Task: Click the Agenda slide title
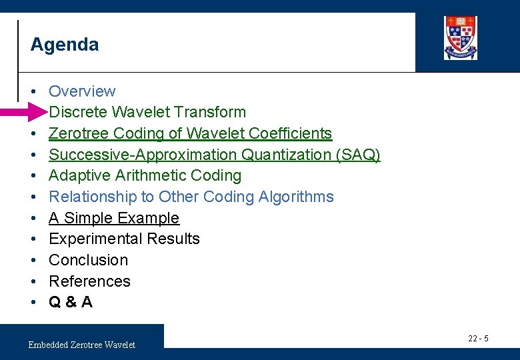(x=65, y=45)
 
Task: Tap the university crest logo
(x=460, y=37)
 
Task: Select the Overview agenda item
(x=82, y=91)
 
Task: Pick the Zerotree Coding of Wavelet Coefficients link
(x=190, y=133)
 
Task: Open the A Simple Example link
(x=114, y=218)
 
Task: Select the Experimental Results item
(x=124, y=239)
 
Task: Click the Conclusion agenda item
(x=88, y=260)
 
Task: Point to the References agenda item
(x=89, y=281)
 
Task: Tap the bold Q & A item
(x=71, y=302)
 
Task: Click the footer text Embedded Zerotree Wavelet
(x=81, y=345)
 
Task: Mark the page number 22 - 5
(x=478, y=339)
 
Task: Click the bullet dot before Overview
(x=33, y=91)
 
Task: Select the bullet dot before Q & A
(x=33, y=302)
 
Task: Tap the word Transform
(x=215, y=112)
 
